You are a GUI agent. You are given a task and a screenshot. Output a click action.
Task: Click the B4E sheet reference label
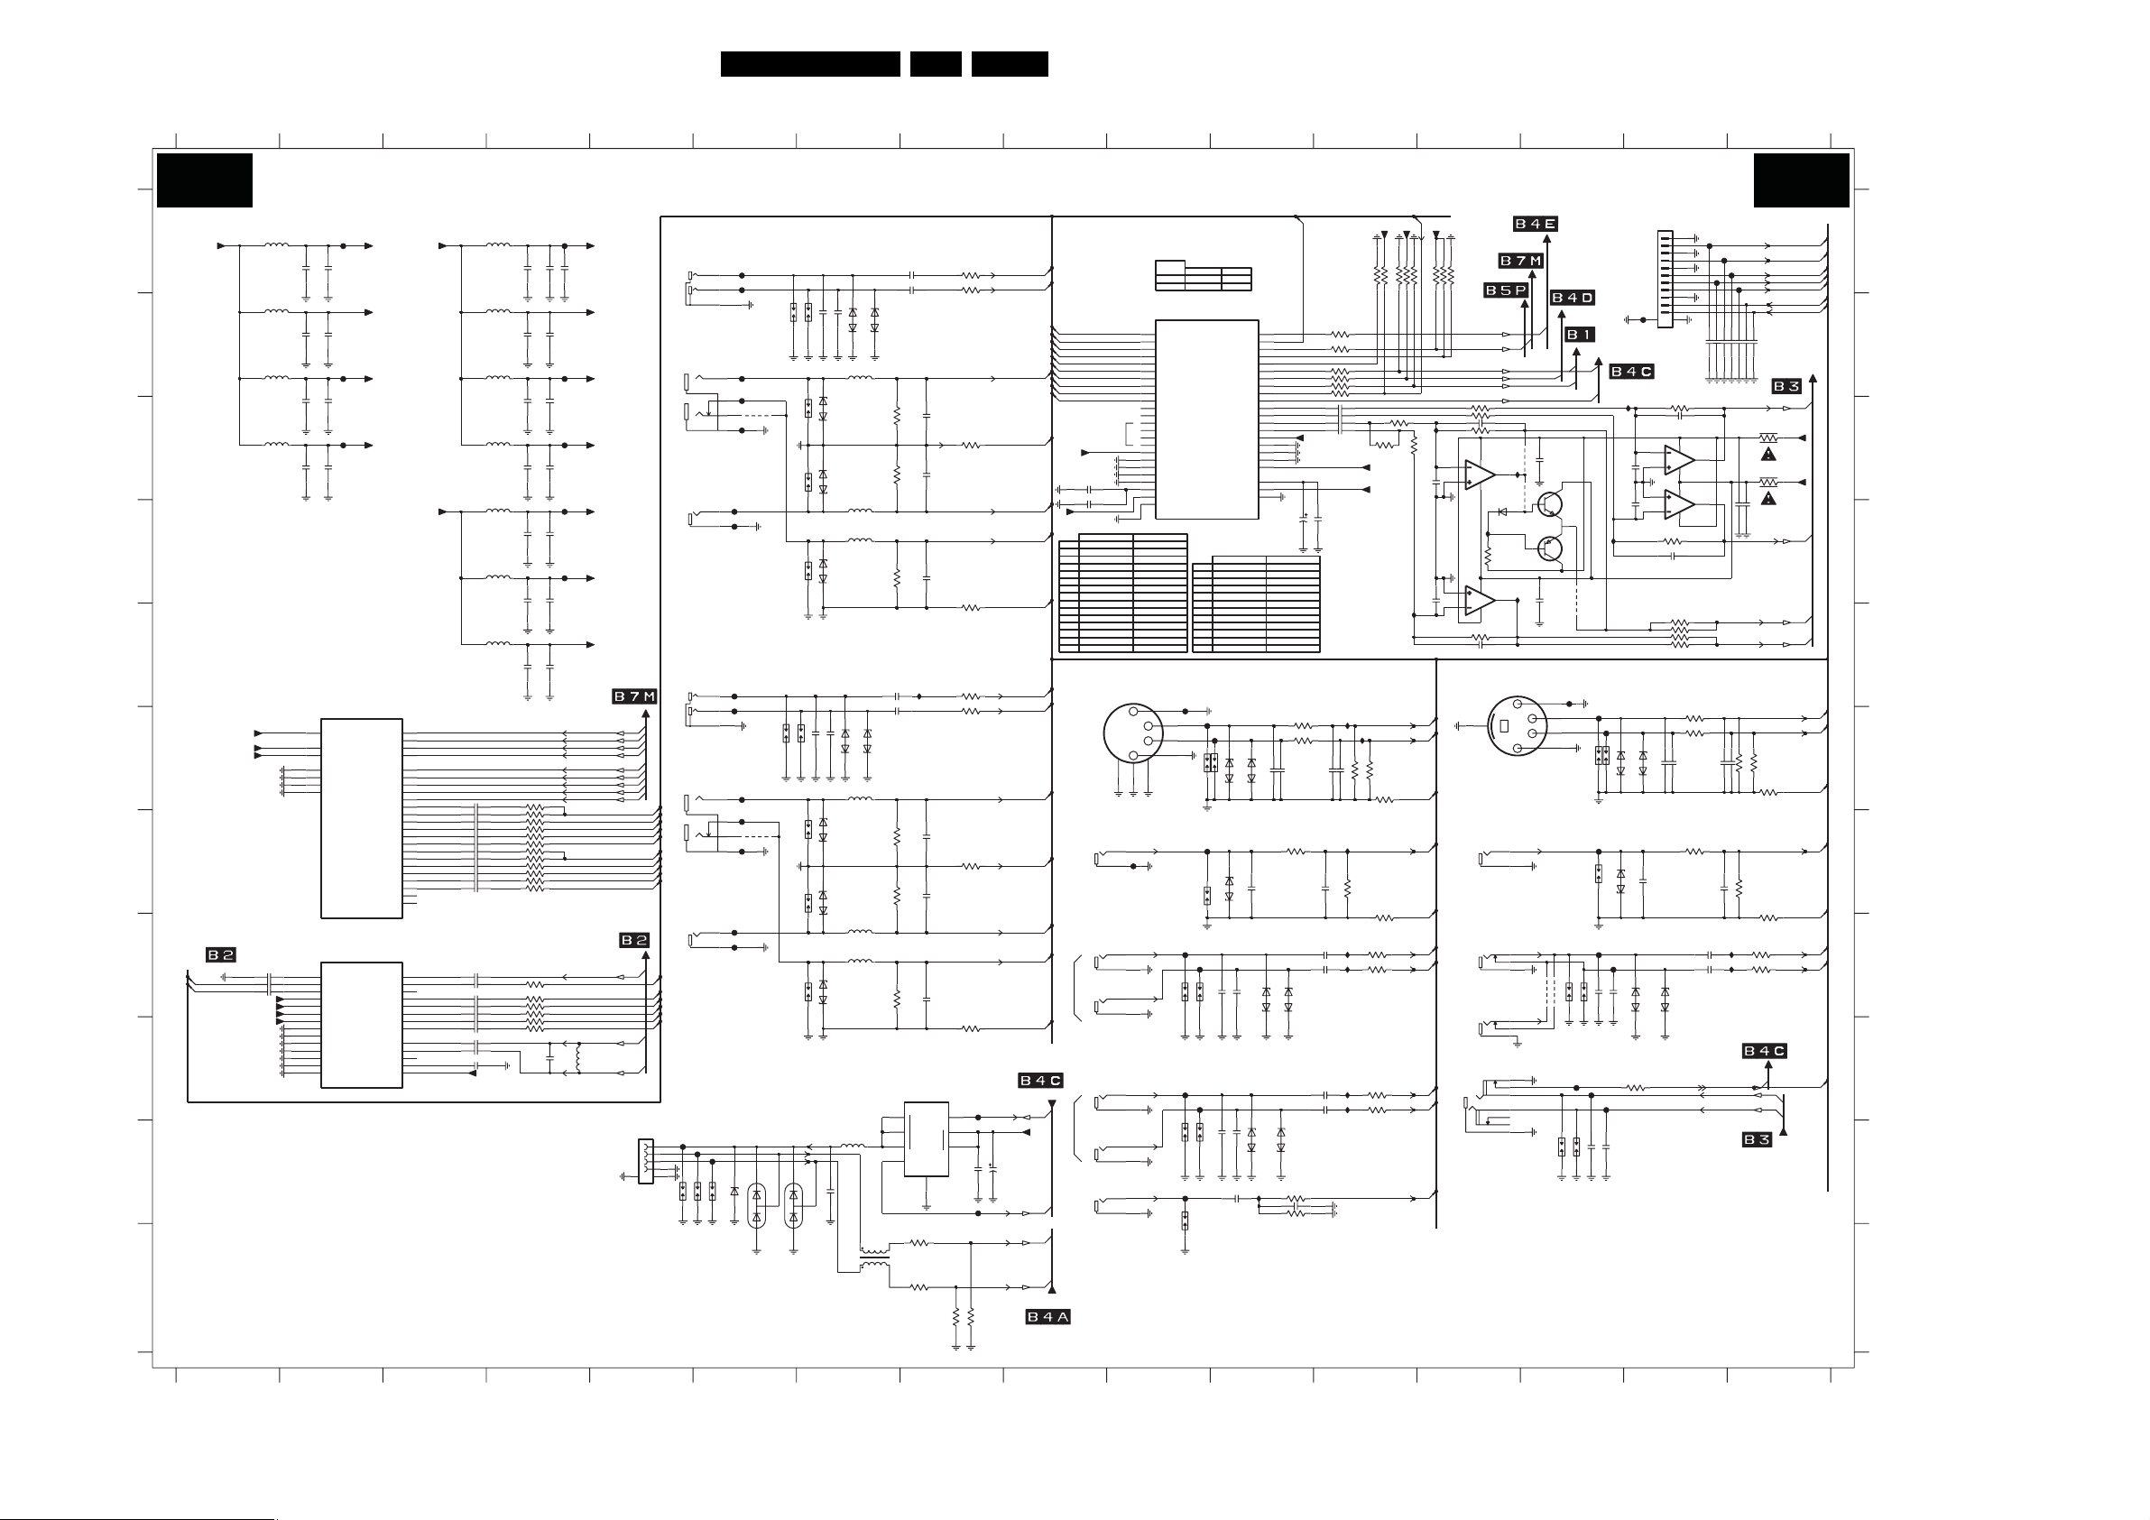(1535, 224)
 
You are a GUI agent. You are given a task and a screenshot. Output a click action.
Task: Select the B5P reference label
(1506, 290)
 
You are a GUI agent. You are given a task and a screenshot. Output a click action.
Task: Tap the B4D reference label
(1573, 298)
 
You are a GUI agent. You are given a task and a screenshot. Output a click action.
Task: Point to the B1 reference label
(1579, 335)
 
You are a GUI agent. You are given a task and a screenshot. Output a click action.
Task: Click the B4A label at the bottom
(1047, 1317)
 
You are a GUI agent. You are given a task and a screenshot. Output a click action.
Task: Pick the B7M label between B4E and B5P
(1521, 261)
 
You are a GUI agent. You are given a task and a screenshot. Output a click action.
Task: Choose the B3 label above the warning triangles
(1786, 386)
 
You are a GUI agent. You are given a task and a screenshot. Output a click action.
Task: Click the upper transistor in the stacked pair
(1548, 504)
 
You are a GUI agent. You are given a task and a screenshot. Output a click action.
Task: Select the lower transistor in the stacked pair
(1549, 548)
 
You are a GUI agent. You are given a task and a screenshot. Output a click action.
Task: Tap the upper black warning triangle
(1768, 455)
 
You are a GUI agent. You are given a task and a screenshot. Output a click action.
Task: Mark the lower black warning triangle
(1768, 498)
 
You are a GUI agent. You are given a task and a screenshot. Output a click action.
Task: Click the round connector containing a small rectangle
(1517, 726)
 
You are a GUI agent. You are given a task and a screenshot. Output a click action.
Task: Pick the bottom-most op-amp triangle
(1480, 600)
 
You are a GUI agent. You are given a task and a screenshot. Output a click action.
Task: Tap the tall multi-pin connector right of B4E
(1664, 279)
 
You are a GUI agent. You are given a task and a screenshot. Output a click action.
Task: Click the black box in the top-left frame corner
(204, 180)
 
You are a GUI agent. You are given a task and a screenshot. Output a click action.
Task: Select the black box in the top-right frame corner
(1801, 180)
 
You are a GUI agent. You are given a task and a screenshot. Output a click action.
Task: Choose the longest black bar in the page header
(810, 64)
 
